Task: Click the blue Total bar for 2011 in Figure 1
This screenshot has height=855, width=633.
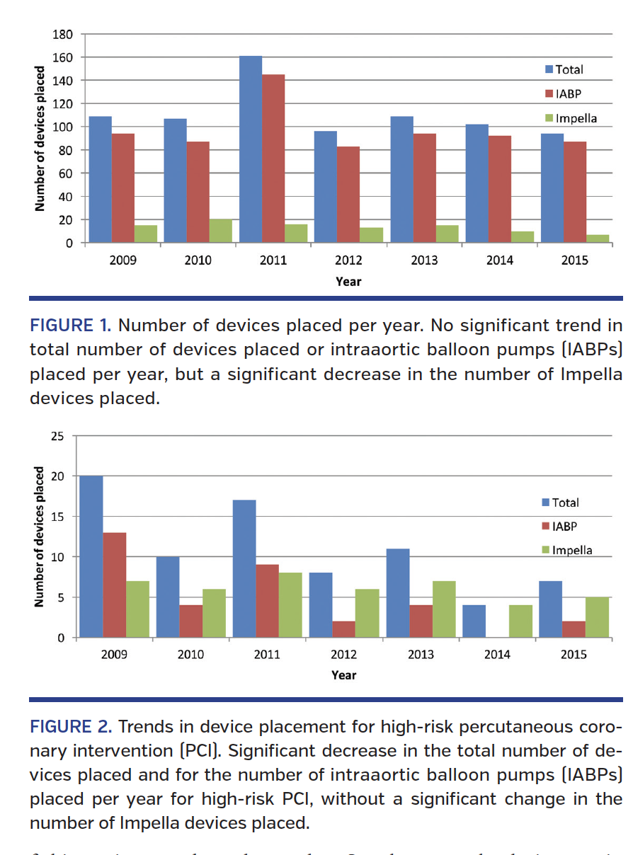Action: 250,149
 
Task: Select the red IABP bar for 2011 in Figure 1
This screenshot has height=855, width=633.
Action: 273,159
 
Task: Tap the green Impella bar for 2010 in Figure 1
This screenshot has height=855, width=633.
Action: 220,231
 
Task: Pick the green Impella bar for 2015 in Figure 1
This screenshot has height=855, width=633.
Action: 597,239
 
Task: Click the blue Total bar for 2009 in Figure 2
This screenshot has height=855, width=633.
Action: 91,556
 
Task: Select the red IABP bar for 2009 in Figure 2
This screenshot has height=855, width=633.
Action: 114,585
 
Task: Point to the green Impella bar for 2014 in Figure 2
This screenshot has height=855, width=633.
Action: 520,621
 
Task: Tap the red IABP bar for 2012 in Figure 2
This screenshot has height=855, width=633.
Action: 343,629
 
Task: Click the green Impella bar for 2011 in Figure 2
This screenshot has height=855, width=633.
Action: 290,605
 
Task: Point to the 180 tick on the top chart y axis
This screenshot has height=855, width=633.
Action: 64,34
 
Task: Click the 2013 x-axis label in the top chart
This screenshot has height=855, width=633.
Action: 424,260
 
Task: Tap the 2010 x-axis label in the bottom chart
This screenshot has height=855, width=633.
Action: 190,655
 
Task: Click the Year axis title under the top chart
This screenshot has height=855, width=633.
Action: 348,282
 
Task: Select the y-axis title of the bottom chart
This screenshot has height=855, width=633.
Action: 40,536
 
